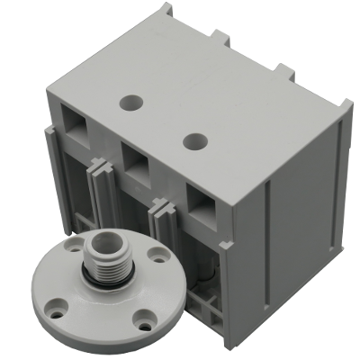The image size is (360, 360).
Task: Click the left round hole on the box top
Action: click(x=132, y=103)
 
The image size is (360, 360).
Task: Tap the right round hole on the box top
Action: click(x=193, y=140)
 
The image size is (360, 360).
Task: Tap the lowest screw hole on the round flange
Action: click(x=144, y=316)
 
